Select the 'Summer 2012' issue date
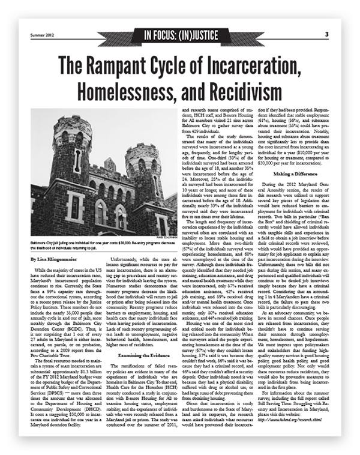coord(43,34)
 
